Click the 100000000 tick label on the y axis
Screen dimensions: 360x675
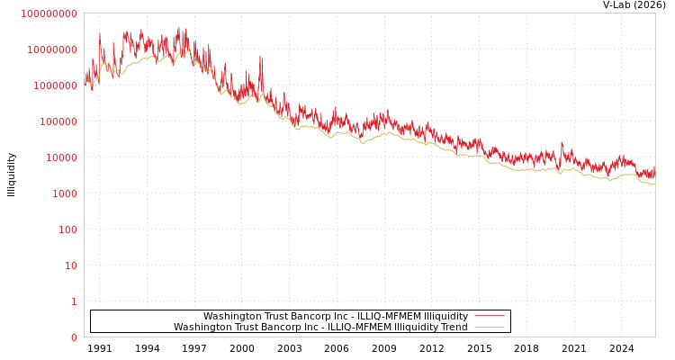click(49, 13)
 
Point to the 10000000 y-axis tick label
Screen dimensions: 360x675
click(51, 49)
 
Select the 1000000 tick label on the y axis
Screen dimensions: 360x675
click(54, 85)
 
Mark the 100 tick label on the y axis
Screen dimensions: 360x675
click(67, 229)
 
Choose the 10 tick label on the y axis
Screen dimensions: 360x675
click(70, 265)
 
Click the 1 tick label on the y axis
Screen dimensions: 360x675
click(74, 301)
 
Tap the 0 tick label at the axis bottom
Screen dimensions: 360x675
click(74, 337)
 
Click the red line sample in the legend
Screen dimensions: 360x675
click(489, 316)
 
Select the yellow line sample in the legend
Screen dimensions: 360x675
click(489, 327)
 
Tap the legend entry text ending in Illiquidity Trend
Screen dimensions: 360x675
click(320, 328)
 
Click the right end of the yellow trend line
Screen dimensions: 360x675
click(654, 184)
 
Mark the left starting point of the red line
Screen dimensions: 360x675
click(85, 81)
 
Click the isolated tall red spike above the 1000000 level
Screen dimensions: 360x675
click(261, 58)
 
